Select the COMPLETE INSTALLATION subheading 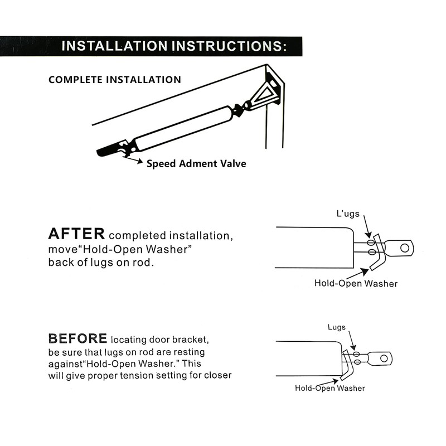(x=115, y=80)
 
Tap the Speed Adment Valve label (x=196, y=164)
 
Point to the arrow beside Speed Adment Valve (x=134, y=161)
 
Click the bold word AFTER (x=76, y=233)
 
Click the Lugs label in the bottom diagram (x=336, y=327)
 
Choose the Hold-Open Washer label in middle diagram (x=356, y=283)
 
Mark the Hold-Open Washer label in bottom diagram (x=330, y=387)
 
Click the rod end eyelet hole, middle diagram (x=405, y=246)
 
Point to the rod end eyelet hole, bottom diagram (x=384, y=356)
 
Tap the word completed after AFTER (x=142, y=235)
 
